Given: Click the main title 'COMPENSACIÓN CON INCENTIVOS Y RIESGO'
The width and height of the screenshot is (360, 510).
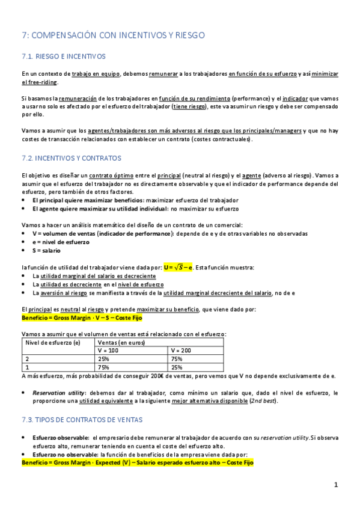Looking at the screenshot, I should pyautogui.click(x=120, y=35).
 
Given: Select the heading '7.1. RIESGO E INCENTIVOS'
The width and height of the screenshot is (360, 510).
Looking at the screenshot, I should pyautogui.click(x=63, y=57).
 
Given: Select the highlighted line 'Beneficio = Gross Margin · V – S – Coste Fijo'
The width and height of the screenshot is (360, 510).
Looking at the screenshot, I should pyautogui.click(x=85, y=317).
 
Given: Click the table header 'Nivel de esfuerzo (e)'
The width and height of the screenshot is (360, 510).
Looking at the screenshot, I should pyautogui.click(x=52, y=342).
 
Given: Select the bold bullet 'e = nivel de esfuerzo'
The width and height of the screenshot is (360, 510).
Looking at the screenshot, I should pyautogui.click(x=61, y=242).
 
